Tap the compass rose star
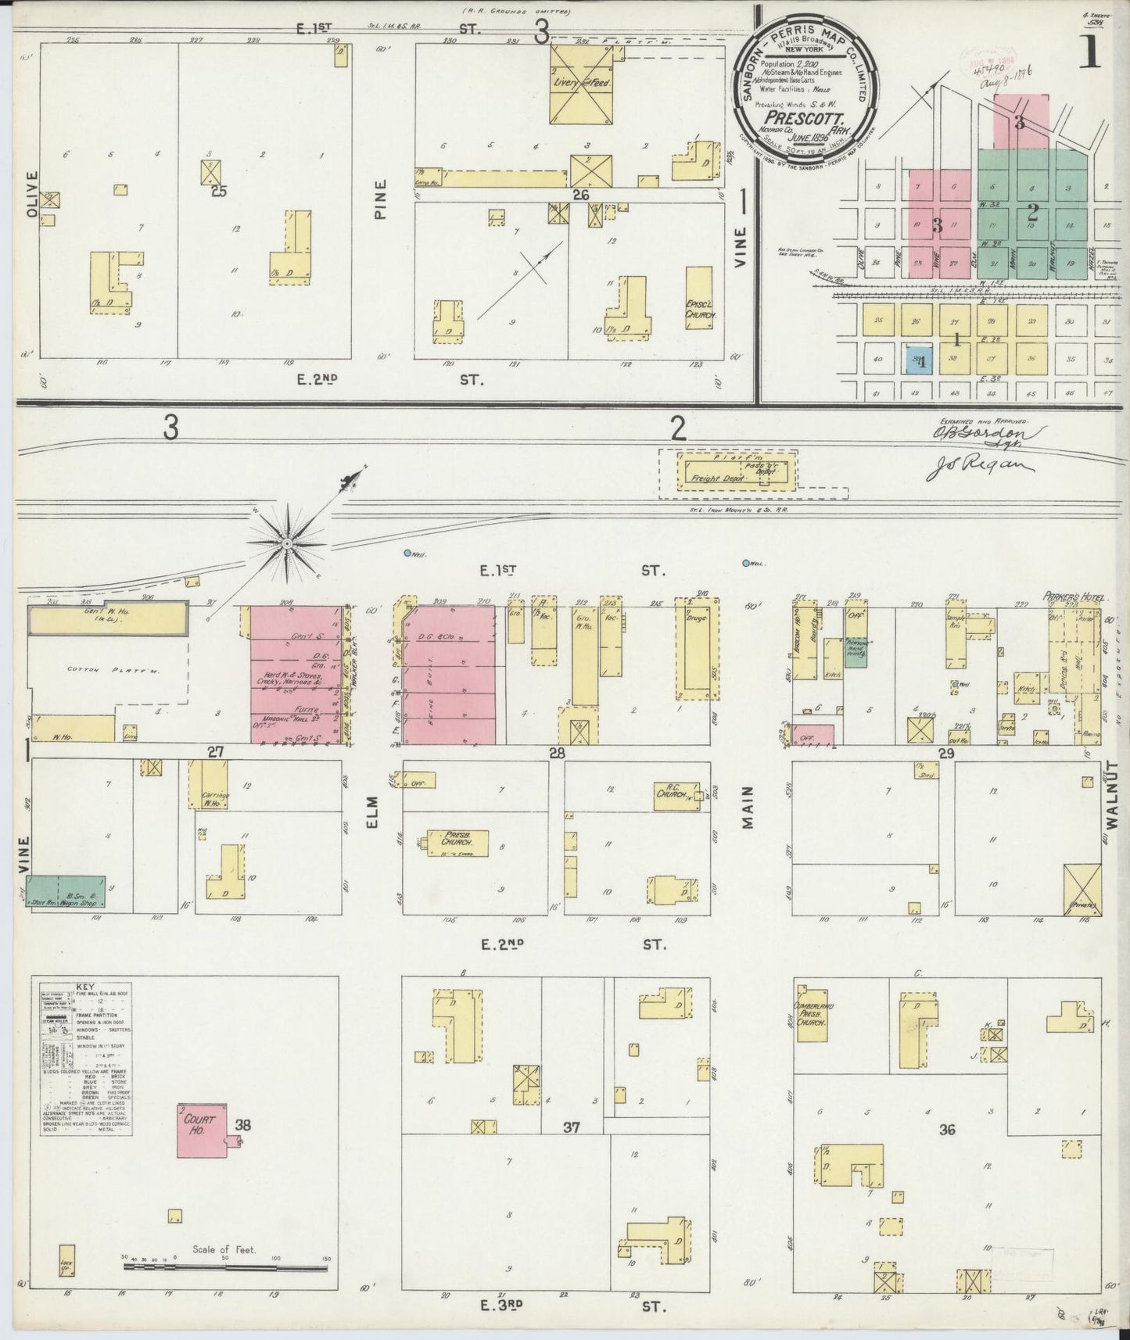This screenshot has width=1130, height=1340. pos(287,542)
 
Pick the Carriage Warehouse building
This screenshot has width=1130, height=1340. pos(207,784)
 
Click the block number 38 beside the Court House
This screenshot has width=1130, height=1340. pos(243,1126)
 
